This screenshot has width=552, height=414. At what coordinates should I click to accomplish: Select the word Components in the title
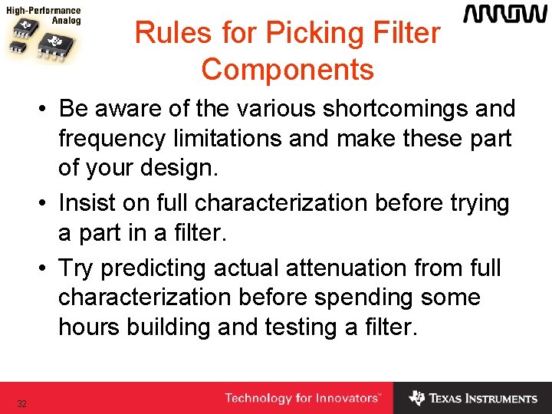point(287,69)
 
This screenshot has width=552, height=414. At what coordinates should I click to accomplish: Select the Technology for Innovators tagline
point(303,398)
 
